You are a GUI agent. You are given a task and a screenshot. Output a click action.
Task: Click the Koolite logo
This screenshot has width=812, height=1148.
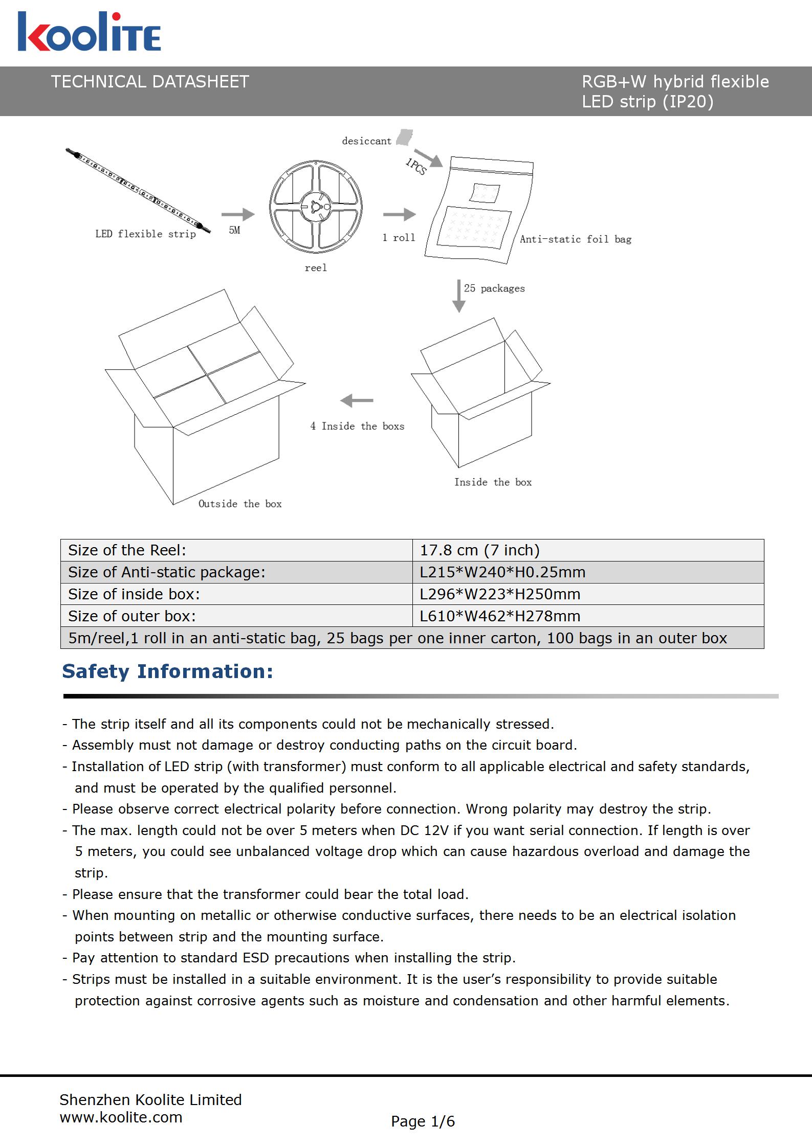tap(90, 32)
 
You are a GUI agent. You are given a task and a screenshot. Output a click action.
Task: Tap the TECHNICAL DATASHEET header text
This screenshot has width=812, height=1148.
tap(150, 82)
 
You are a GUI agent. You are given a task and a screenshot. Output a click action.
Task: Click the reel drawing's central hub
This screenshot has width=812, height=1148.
tap(315, 206)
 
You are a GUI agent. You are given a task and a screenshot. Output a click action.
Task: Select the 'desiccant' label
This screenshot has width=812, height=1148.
tap(366, 141)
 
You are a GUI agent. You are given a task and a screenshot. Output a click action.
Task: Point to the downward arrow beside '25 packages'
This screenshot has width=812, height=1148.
tap(459, 296)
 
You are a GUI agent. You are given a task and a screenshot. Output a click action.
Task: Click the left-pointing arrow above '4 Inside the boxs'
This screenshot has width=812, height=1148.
tap(357, 400)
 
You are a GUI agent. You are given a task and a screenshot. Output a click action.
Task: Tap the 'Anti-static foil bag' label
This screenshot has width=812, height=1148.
tap(576, 239)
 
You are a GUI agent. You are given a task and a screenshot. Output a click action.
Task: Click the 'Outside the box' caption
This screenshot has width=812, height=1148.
tap(240, 504)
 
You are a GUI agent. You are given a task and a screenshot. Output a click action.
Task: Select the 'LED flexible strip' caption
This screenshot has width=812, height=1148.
tap(145, 234)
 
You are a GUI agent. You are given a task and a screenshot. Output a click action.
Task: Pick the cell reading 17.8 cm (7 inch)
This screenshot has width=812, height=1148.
tap(479, 550)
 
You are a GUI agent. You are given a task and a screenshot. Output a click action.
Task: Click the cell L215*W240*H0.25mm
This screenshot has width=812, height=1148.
tap(502, 572)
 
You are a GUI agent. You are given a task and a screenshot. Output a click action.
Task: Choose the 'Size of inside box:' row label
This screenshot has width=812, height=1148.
tap(134, 594)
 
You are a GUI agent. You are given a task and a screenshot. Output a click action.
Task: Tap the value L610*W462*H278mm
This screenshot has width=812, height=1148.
tap(500, 616)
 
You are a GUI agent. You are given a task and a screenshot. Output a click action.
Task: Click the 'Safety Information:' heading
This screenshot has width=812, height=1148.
tap(167, 671)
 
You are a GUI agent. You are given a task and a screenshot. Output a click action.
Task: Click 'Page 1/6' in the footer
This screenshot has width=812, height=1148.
tap(423, 1121)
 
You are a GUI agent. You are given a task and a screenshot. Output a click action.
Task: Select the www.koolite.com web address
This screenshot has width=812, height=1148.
tap(121, 1117)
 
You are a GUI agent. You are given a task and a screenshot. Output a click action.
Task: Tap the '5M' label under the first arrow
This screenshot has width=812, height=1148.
tap(234, 230)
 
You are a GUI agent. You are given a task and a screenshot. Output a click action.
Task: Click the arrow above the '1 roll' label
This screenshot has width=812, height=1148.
tap(399, 215)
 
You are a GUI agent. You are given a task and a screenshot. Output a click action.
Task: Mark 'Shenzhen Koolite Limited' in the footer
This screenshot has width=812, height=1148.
tap(150, 1100)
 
